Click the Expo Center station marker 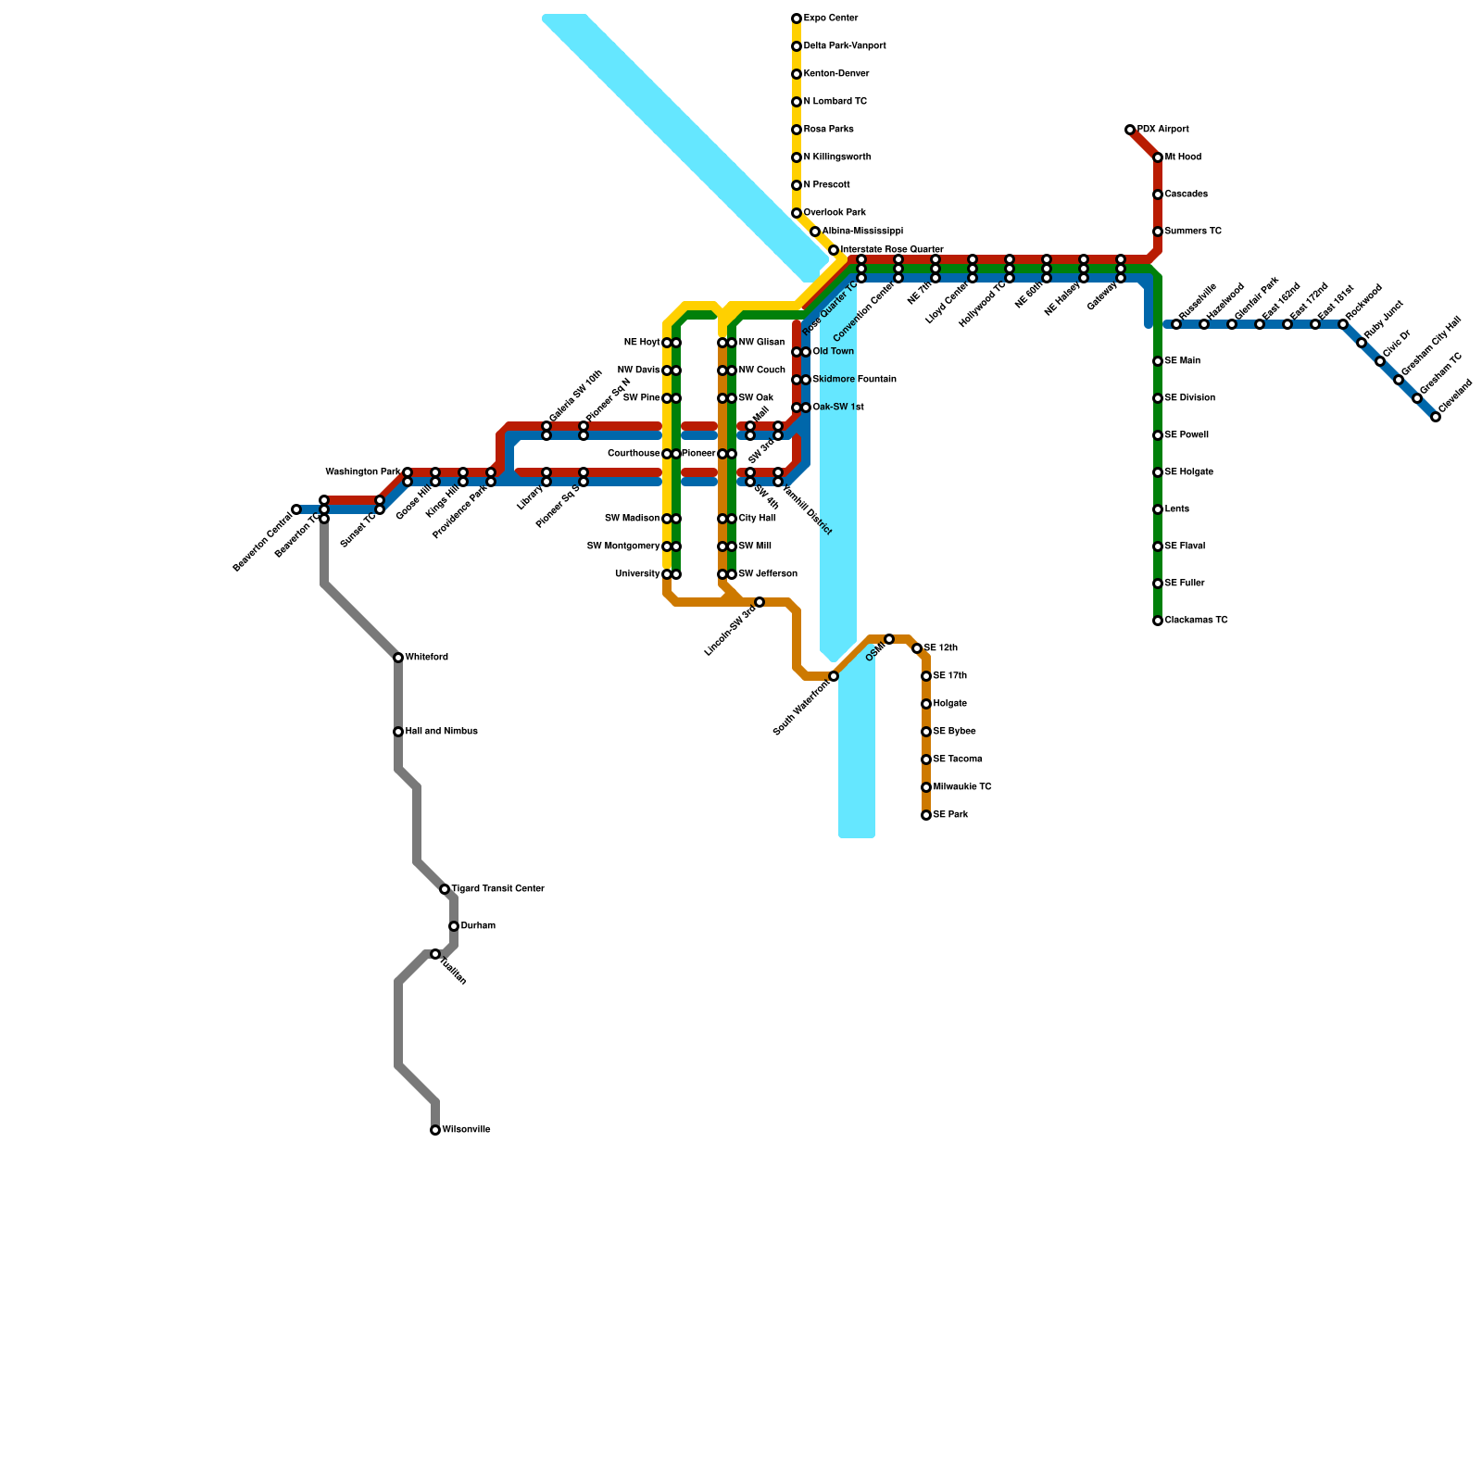coord(797,19)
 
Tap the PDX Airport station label coord(1163,130)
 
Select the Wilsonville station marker coord(435,1130)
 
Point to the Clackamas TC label coord(1197,621)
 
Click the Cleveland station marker coord(1436,417)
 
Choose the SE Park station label coord(950,815)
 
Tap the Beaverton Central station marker coord(296,509)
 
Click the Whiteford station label coord(427,658)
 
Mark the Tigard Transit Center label coord(498,889)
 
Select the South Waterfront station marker coord(834,676)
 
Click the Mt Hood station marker coord(1158,157)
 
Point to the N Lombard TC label coord(835,102)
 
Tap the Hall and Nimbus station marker coord(398,732)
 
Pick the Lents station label coord(1177,509)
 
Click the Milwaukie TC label coord(962,787)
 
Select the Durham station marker coord(454,926)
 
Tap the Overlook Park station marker coord(797,213)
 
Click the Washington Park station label coord(363,472)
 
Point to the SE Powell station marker coord(1158,435)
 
